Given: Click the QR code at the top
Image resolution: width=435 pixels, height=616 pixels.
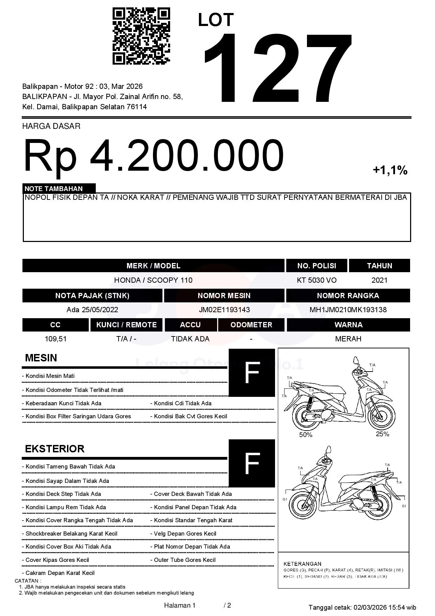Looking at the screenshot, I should (141, 37).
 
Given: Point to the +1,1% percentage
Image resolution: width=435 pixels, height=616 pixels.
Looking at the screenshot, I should (390, 170).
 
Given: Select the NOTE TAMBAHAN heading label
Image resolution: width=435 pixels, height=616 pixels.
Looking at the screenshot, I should (54, 189).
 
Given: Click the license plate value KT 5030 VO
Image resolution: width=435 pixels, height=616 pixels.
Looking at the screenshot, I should (316, 280).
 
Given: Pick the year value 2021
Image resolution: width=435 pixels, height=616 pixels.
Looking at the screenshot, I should (379, 280).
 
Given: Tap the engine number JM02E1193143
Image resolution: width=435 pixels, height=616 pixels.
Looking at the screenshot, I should (224, 310).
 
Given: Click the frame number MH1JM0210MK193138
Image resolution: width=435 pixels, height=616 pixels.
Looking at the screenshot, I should (348, 310).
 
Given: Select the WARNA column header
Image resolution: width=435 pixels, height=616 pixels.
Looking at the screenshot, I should (348, 325).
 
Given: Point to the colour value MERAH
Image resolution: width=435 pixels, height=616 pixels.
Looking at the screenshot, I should (348, 339).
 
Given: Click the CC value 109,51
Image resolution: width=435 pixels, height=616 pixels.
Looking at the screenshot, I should (55, 339).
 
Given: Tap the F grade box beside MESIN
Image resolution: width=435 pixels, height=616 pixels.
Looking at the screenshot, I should (252, 373).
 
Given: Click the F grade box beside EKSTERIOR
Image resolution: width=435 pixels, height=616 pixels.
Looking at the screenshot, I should (252, 463).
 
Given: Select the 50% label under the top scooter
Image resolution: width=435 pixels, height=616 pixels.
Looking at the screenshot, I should (306, 435).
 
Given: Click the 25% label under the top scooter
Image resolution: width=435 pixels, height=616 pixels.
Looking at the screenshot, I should (382, 434).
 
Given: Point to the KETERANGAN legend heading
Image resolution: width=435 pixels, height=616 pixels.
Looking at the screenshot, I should (302, 564).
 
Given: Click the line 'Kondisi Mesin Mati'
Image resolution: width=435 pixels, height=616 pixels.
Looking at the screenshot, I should (50, 376).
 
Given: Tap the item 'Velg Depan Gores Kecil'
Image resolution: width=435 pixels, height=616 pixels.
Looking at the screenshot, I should (185, 533).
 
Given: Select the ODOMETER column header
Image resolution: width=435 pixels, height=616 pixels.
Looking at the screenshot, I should (251, 325).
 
